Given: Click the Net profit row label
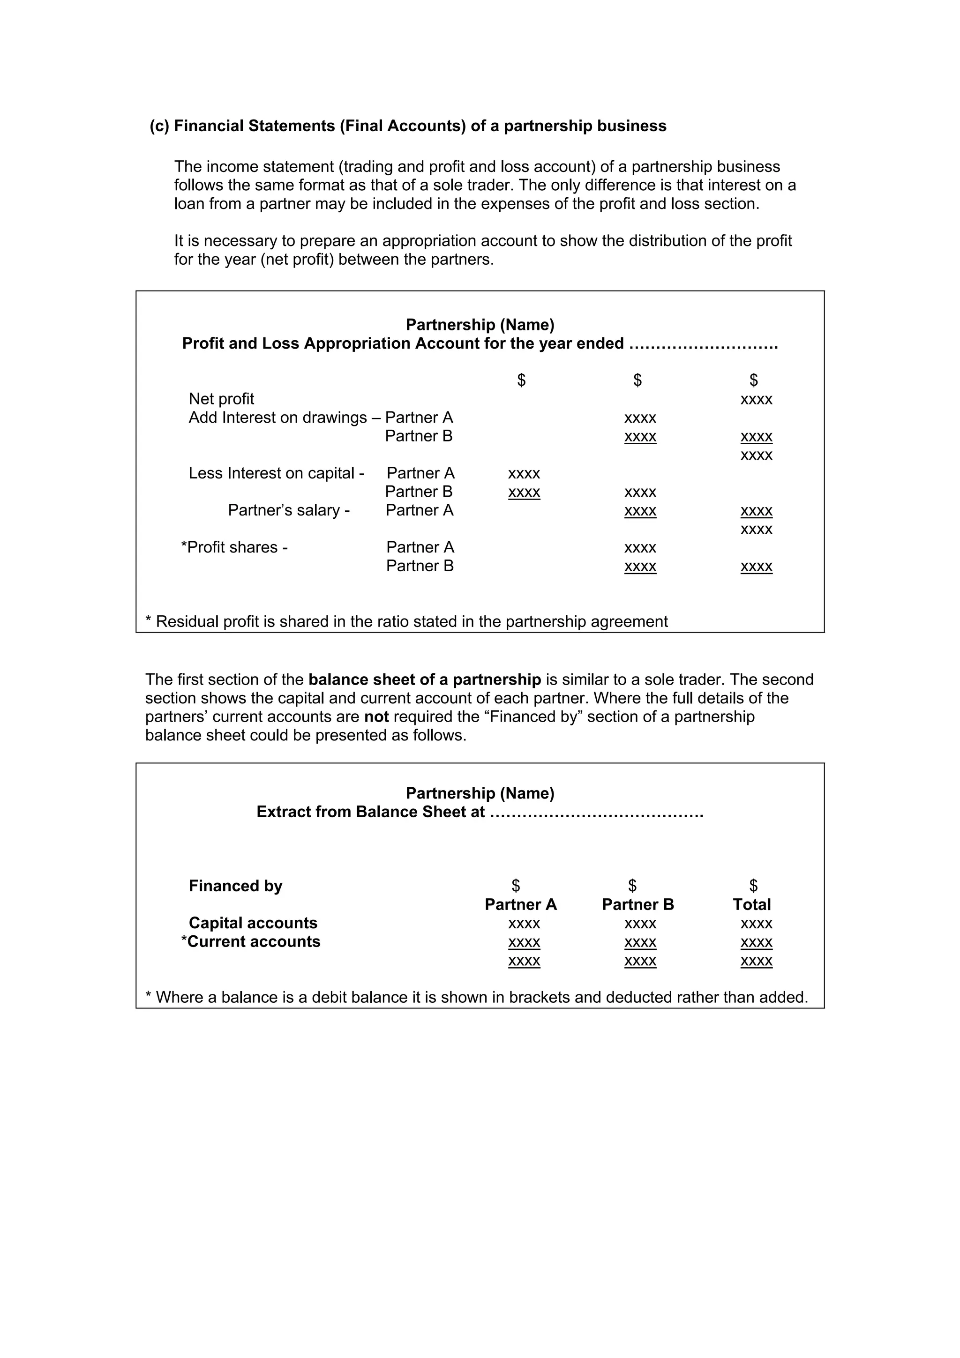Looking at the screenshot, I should pos(221,399).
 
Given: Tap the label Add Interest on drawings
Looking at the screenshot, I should pos(277,418).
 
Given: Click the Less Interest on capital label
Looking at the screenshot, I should pos(276,473).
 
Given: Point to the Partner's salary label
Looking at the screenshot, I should pos(289,510).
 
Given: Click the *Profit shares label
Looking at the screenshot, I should pos(234,548).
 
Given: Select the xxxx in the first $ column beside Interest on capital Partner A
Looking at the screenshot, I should pos(524,474).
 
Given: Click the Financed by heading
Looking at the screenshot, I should pos(235,886).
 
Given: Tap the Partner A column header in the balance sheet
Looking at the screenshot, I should pos(520,905).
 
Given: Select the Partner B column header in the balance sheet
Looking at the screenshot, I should pos(637,905).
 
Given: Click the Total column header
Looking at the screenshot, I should pos(751,905).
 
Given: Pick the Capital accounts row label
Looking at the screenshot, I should pos(253,923).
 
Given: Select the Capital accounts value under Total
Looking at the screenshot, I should pos(756,924).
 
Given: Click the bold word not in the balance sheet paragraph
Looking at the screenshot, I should pos(376,717).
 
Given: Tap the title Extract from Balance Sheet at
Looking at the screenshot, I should pos(370,812).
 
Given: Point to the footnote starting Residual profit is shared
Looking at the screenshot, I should pos(407,622).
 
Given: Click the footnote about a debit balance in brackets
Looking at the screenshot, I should pos(476,998).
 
